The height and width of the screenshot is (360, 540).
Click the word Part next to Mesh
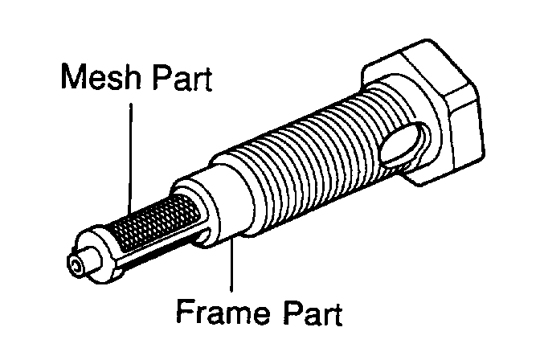pos(181,78)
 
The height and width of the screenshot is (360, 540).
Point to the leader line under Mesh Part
pos(129,153)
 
